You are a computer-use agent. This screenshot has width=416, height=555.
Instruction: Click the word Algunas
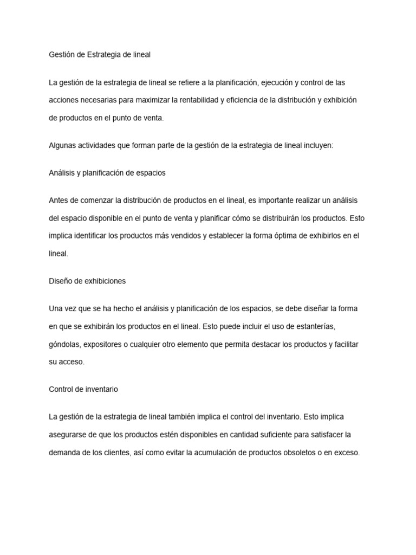pos(63,146)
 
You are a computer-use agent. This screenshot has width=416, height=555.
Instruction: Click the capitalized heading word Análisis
pos(62,173)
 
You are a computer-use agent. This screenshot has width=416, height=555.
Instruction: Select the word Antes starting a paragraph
pos(59,201)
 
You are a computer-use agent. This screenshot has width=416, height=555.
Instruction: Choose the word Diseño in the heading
pos(61,281)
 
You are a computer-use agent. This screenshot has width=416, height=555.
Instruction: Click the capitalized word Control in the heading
pos(61,390)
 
